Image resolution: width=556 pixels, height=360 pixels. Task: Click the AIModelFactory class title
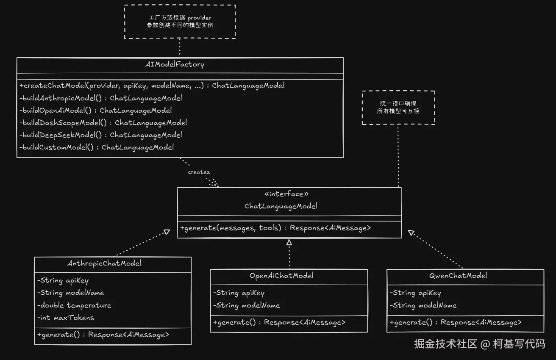(175, 65)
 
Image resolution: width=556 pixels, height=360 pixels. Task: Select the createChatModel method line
(152, 86)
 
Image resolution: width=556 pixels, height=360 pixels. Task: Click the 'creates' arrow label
(199, 172)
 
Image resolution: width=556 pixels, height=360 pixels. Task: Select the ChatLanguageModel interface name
(281, 207)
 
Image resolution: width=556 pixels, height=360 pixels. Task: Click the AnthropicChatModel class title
(104, 263)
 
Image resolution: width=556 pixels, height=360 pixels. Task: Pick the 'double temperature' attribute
(74, 305)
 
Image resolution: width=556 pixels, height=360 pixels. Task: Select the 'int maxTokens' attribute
(66, 318)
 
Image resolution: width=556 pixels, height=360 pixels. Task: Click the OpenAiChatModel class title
(281, 276)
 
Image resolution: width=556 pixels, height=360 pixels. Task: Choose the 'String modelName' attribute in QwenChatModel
(423, 305)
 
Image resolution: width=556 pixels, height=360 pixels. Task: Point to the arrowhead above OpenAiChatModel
(289, 242)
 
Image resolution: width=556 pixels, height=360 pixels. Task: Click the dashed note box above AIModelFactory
(180, 22)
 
